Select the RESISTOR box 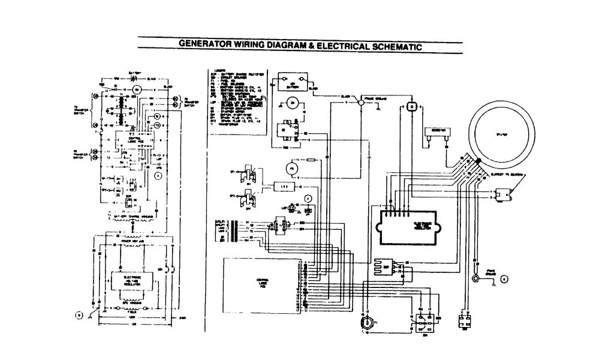coord(437,131)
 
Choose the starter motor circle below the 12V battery coord(293,103)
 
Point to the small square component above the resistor coord(411,105)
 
